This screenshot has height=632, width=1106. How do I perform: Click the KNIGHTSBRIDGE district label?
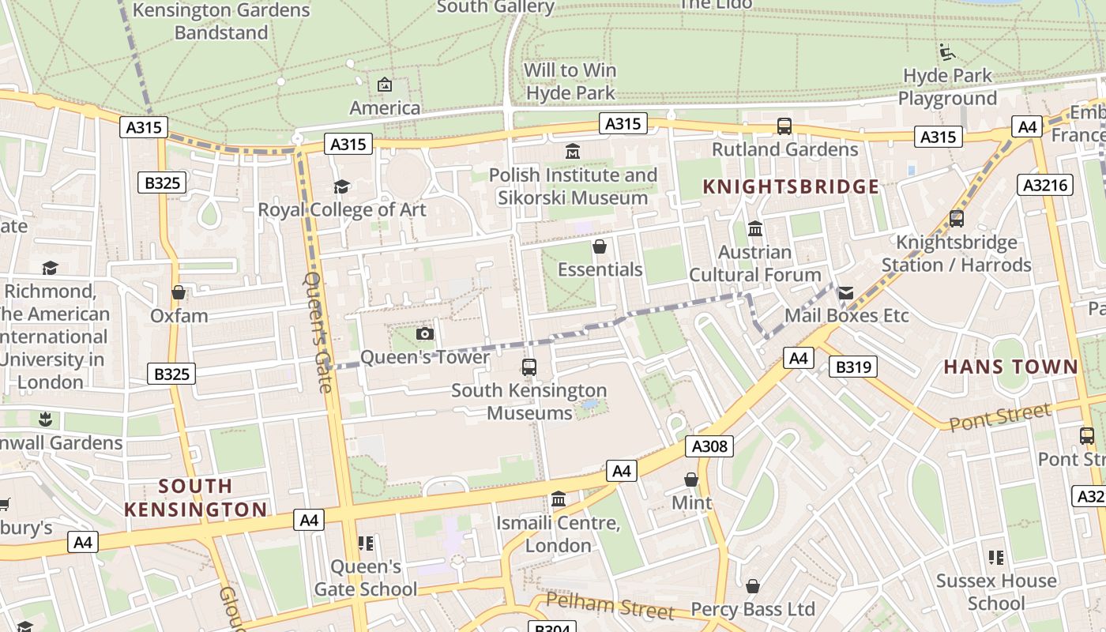coord(791,186)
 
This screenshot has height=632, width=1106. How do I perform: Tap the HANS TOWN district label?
coord(1010,367)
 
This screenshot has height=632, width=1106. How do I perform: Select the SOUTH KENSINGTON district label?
coord(195,498)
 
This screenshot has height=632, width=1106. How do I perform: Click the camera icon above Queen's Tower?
coord(425,333)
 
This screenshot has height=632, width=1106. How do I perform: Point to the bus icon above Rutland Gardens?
coord(784,126)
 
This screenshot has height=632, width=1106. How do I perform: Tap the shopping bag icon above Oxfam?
coord(179,292)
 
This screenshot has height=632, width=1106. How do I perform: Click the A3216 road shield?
coord(1044,185)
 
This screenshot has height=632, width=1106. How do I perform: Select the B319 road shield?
coord(853,367)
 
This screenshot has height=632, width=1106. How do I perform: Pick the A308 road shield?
coord(709,446)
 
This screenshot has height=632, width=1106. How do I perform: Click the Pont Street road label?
coord(1000,417)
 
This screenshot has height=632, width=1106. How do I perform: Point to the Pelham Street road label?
coord(610,607)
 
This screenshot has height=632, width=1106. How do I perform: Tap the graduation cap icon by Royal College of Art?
coord(341,186)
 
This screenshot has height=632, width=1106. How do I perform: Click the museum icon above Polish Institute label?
coord(573,151)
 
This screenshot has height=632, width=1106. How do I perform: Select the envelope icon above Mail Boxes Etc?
coord(846,293)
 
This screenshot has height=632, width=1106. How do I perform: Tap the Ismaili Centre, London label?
coord(558,534)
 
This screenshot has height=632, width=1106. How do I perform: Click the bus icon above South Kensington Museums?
coord(529,367)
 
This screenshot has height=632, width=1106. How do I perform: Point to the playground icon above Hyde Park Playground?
coord(947,52)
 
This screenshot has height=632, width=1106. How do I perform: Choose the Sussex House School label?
coord(995,592)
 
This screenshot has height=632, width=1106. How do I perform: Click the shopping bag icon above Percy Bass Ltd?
coord(753,586)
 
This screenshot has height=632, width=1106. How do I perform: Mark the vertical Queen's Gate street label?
coord(318,332)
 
